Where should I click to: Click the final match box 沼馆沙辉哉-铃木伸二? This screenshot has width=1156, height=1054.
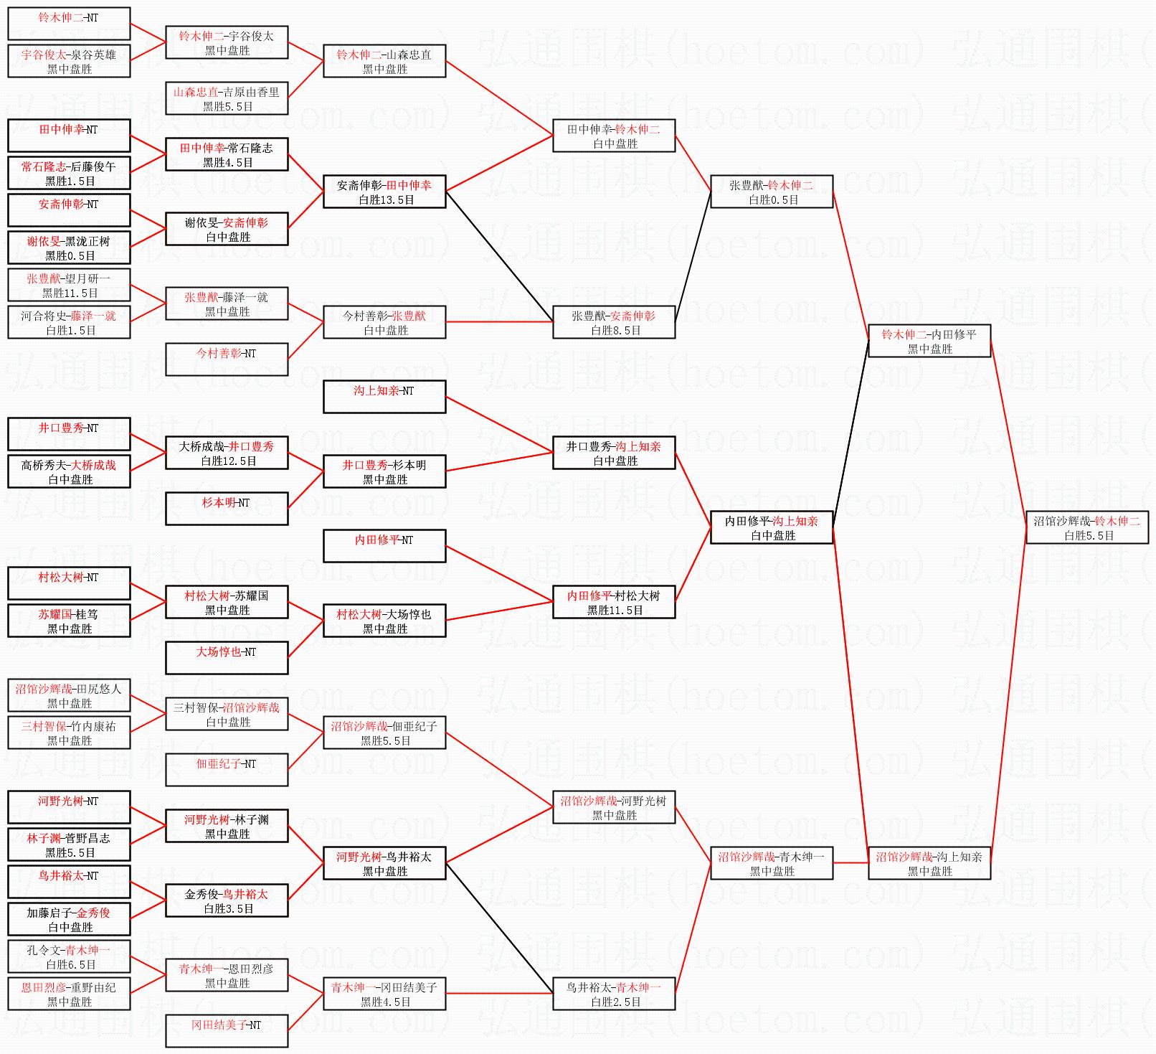point(1087,528)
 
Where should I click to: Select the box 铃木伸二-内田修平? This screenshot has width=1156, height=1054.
point(929,342)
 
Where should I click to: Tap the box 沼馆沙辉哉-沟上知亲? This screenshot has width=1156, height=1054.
point(929,864)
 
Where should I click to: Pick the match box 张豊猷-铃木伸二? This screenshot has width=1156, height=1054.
point(772,192)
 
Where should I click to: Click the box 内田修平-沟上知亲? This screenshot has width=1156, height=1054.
point(772,528)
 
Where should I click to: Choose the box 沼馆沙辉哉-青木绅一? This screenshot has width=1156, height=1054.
point(772,864)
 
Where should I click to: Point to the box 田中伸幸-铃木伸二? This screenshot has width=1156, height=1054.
point(614,136)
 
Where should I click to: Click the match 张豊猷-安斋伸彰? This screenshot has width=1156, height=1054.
point(614,323)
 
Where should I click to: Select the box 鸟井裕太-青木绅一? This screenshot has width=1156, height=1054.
point(614,994)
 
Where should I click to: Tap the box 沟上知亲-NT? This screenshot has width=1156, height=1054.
point(384,397)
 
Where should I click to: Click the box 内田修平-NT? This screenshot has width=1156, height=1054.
point(384,547)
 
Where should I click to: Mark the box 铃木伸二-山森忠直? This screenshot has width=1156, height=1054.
point(384,62)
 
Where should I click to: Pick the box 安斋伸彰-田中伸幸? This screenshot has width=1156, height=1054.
point(384,192)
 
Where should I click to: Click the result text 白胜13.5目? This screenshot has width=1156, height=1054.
point(387,200)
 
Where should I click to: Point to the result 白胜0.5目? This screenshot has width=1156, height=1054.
point(774,200)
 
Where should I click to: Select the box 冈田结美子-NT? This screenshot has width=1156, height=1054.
point(227,1032)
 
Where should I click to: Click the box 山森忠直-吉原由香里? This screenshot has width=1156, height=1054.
point(227,99)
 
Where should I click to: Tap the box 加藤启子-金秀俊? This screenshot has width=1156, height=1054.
point(69,920)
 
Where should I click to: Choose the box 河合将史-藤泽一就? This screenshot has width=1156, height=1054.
point(69,323)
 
